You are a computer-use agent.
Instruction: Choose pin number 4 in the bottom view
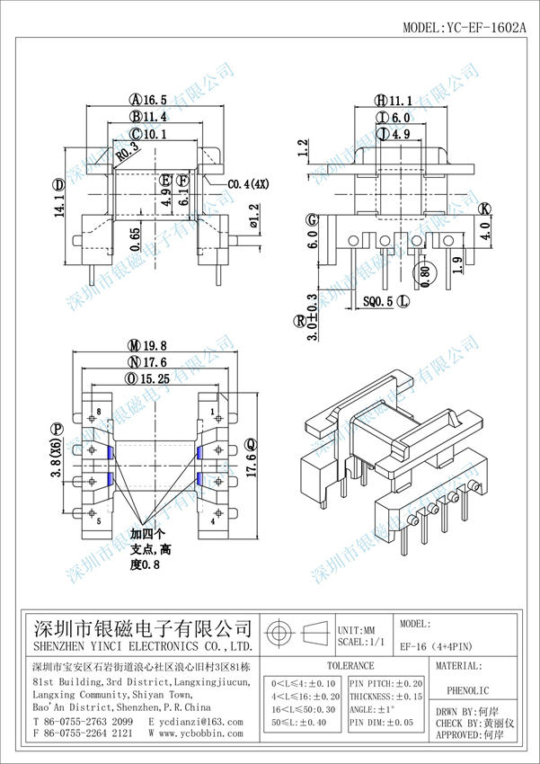(x=213, y=520)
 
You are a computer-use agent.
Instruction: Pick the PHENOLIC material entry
(x=467, y=692)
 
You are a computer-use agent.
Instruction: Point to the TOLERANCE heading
(x=350, y=666)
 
